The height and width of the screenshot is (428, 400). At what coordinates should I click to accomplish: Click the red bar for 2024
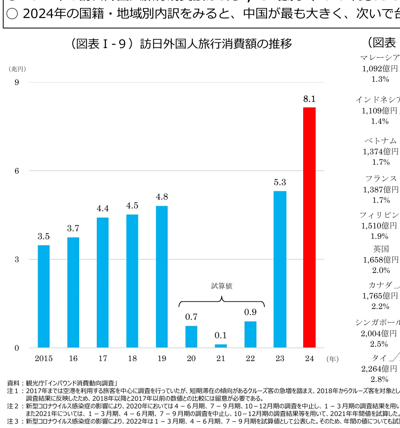[309, 227]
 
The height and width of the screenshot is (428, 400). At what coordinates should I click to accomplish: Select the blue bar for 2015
[44, 296]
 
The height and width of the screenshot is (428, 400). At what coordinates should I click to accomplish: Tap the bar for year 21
[221, 345]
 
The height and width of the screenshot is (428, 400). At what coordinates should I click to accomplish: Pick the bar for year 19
[162, 277]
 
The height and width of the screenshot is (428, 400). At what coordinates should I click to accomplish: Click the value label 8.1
[309, 99]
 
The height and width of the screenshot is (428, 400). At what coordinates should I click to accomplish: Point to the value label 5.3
[280, 182]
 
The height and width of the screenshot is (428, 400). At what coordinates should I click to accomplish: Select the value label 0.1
[221, 335]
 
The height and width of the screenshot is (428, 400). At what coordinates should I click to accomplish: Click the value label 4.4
[103, 208]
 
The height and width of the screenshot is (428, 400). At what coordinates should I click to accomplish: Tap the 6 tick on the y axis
[17, 171]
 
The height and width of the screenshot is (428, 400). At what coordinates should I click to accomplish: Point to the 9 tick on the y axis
[17, 82]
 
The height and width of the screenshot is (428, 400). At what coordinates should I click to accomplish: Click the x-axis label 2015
[44, 359]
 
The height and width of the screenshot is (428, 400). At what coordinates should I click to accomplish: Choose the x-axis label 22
[250, 359]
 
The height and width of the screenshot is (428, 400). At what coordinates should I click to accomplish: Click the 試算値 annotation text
[222, 286]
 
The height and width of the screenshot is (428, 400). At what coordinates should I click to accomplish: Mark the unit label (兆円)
[17, 69]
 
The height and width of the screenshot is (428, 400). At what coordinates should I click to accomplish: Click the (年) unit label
[332, 359]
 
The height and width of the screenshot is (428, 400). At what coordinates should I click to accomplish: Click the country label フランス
[381, 178]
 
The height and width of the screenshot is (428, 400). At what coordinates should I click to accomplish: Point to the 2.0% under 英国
[381, 270]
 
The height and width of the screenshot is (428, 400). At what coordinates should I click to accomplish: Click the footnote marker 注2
[13, 406]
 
